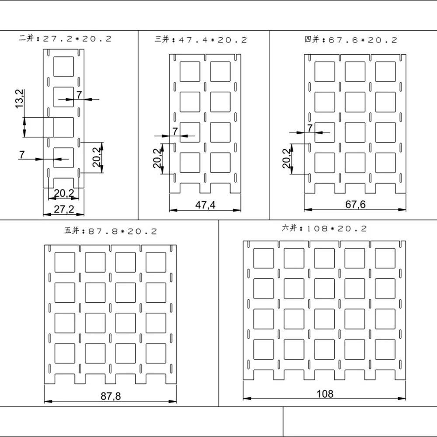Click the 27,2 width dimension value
[x=64, y=209]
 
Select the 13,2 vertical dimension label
[x=20, y=99]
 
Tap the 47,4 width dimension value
[x=205, y=205]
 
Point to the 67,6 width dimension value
[x=355, y=204]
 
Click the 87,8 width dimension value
[x=111, y=396]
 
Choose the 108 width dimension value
[x=325, y=394]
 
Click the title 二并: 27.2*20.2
[x=66, y=38]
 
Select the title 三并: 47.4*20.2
[x=201, y=40]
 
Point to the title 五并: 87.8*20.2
[x=111, y=231]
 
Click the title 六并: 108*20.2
[x=324, y=228]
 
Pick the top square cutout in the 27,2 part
[x=63, y=66]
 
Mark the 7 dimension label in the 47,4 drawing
[x=175, y=131]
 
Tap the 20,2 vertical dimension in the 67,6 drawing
[x=286, y=158]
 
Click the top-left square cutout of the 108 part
[x=264, y=258]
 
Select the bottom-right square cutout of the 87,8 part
[x=156, y=354]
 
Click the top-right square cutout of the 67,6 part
[x=385, y=72]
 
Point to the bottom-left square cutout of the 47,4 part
[x=190, y=163]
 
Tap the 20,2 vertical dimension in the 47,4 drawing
[x=157, y=158]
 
